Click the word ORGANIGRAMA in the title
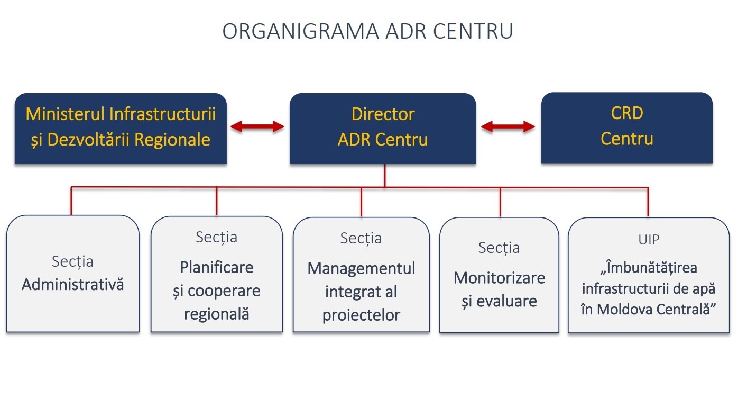301,31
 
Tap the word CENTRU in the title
473,31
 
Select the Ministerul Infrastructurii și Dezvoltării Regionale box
121,129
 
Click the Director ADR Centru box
383,129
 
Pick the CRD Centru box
627,128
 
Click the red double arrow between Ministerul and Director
257,126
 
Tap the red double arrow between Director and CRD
508,126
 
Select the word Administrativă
73,284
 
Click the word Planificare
217,267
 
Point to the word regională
217,314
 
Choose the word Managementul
362,269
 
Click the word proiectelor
362,315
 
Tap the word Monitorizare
500,278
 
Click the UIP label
649,240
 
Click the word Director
383,114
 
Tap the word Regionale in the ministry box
172,140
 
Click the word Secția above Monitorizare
499,248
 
